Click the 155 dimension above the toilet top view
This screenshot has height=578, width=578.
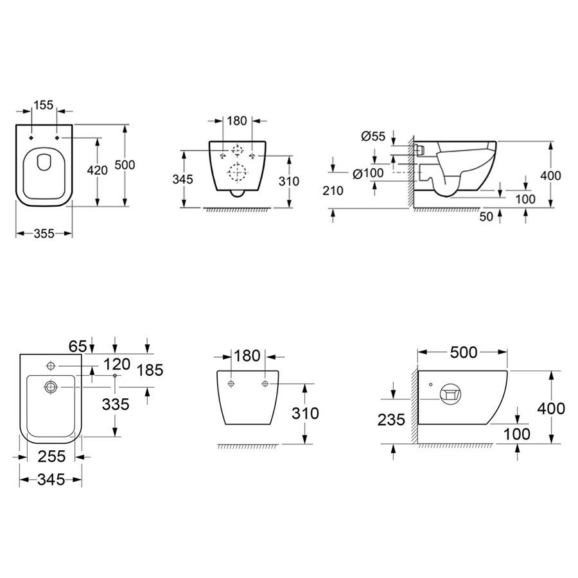coord(44,105)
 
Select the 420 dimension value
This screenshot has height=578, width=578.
coord(98,170)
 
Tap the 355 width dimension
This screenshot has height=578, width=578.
coord(44,233)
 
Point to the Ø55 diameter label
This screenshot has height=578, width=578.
coord(373,136)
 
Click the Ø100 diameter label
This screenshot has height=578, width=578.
coord(368,173)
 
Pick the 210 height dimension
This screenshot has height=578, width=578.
coord(333,191)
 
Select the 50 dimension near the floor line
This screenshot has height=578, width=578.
coord(486,216)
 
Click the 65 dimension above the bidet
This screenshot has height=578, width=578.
coord(78,347)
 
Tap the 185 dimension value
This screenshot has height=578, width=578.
coord(150,370)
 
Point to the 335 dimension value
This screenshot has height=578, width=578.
coord(116,405)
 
